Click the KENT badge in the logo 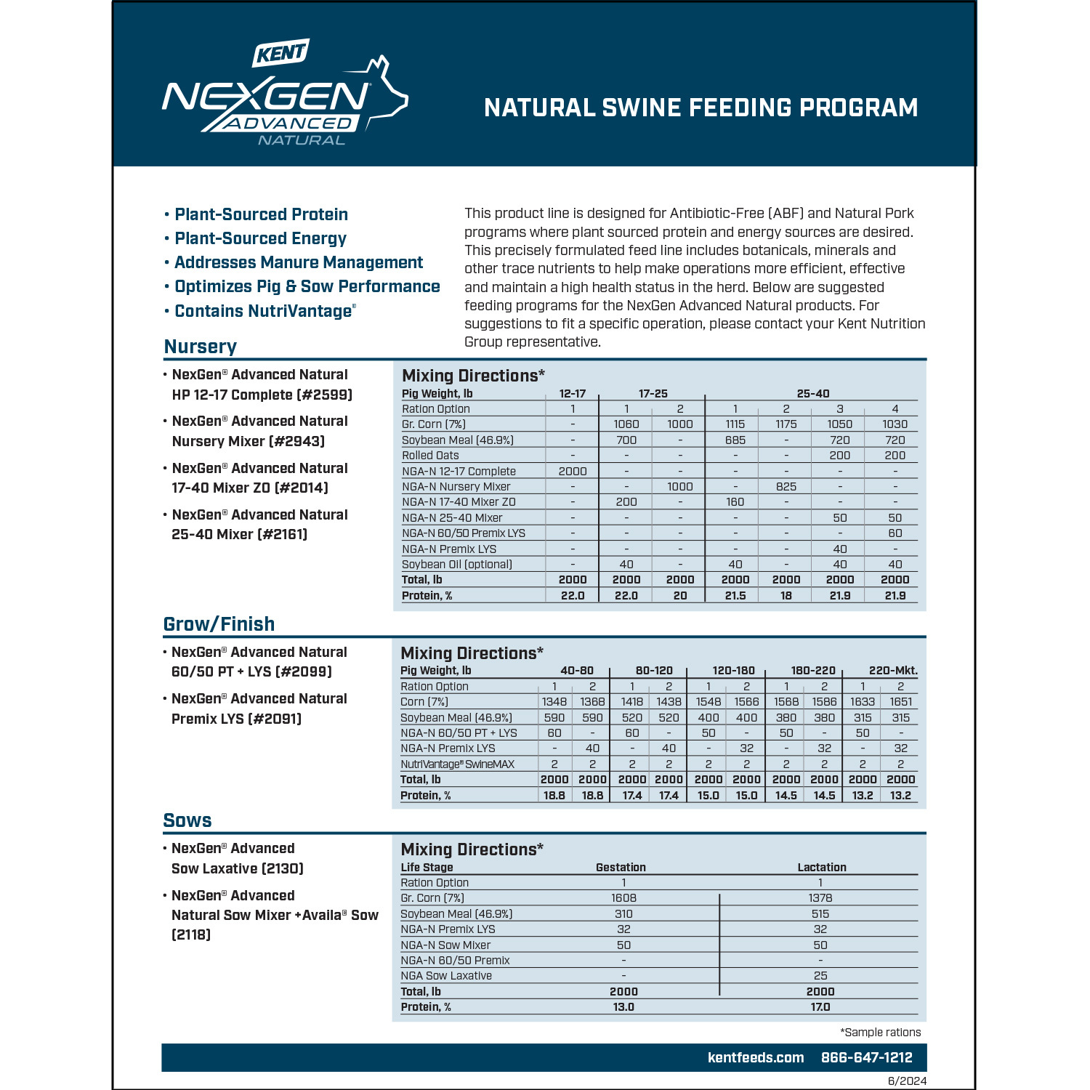coord(281,53)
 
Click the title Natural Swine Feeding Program coord(701,108)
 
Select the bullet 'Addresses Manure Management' coord(298,262)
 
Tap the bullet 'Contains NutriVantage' coord(264,311)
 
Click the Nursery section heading coord(201,347)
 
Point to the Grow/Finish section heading coord(219,624)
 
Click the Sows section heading coord(187,820)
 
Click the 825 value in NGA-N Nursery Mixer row coord(786,486)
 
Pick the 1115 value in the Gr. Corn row coord(735,424)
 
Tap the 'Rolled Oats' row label coord(430,456)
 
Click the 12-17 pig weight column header coord(573,394)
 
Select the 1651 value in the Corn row coord(900,702)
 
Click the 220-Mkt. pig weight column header coord(893,671)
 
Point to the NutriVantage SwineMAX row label coord(457,764)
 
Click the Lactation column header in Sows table coord(821,867)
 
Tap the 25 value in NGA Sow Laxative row coord(820,976)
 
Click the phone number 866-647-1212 coord(866,1058)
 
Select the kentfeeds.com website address coord(756,1058)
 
